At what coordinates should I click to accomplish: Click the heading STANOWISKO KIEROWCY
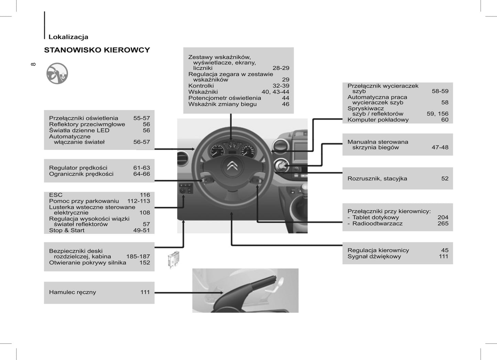coord(97,50)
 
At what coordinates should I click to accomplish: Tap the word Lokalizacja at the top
coord(68,37)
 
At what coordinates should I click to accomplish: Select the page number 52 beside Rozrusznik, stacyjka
coord(445,178)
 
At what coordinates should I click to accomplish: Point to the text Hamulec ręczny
coord(72,292)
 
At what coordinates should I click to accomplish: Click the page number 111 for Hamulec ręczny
coord(145,292)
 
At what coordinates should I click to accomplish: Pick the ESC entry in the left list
coord(56,195)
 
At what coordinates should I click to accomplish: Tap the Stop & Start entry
coord(67,230)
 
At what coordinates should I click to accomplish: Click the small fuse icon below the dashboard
coord(174,259)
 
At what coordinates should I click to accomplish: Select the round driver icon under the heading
coord(57,74)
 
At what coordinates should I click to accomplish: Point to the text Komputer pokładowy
coord(378,120)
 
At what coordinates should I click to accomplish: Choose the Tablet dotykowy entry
coord(376,217)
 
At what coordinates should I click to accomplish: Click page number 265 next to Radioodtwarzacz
coord(443,223)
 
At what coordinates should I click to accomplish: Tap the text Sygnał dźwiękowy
coord(374,257)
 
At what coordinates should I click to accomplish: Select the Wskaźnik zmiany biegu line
coord(223,104)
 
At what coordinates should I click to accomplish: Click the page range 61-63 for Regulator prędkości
coord(142,168)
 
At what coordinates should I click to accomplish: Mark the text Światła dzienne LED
coord(79,130)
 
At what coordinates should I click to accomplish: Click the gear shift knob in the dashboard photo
coord(304,188)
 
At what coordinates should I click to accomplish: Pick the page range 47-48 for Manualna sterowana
coord(440,148)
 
